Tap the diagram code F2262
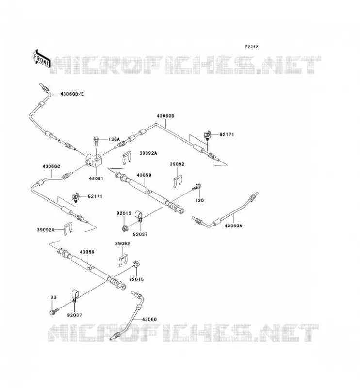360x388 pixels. pos(251,47)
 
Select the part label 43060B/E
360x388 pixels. pos(72,94)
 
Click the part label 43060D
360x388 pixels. pos(165,116)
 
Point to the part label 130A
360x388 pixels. pos(114,139)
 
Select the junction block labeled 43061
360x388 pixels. pos(94,160)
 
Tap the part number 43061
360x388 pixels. pos(96,178)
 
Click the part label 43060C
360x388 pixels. pos(51,166)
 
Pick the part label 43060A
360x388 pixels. pos(233,226)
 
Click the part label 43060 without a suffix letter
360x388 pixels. pos(149,319)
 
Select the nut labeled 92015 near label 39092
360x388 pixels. pos(136,264)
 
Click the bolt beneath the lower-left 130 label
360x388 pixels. pos(54,311)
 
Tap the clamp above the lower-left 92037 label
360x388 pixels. pos(75,296)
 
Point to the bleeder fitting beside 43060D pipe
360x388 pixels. pos(207,135)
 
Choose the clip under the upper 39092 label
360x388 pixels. pos(178,181)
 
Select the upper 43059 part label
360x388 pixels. pos(144,175)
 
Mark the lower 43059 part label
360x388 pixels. pos(87,252)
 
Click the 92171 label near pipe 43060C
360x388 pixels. pos(95,196)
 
